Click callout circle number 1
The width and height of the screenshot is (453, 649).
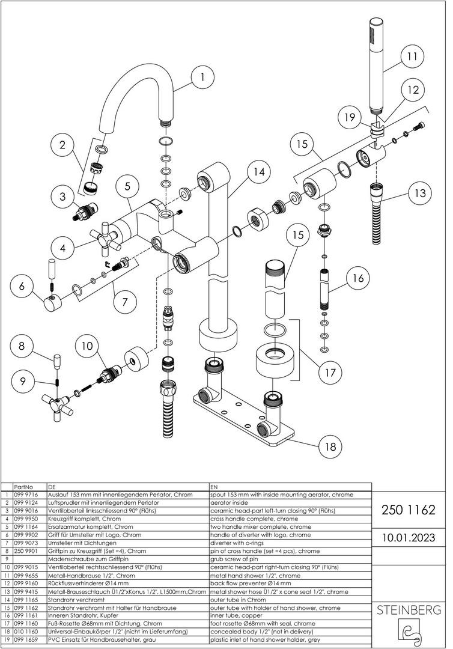(203, 77)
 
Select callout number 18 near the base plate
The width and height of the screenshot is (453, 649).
(330, 447)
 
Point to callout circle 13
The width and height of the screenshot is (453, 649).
(419, 193)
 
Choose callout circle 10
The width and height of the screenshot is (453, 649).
(88, 346)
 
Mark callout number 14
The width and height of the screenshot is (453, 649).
(258, 172)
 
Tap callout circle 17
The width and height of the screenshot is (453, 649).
(330, 373)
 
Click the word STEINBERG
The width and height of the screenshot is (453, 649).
(409, 611)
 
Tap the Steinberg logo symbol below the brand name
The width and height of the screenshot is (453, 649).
(409, 632)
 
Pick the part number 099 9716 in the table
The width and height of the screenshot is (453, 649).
(25, 494)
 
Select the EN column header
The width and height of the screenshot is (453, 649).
(214, 486)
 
